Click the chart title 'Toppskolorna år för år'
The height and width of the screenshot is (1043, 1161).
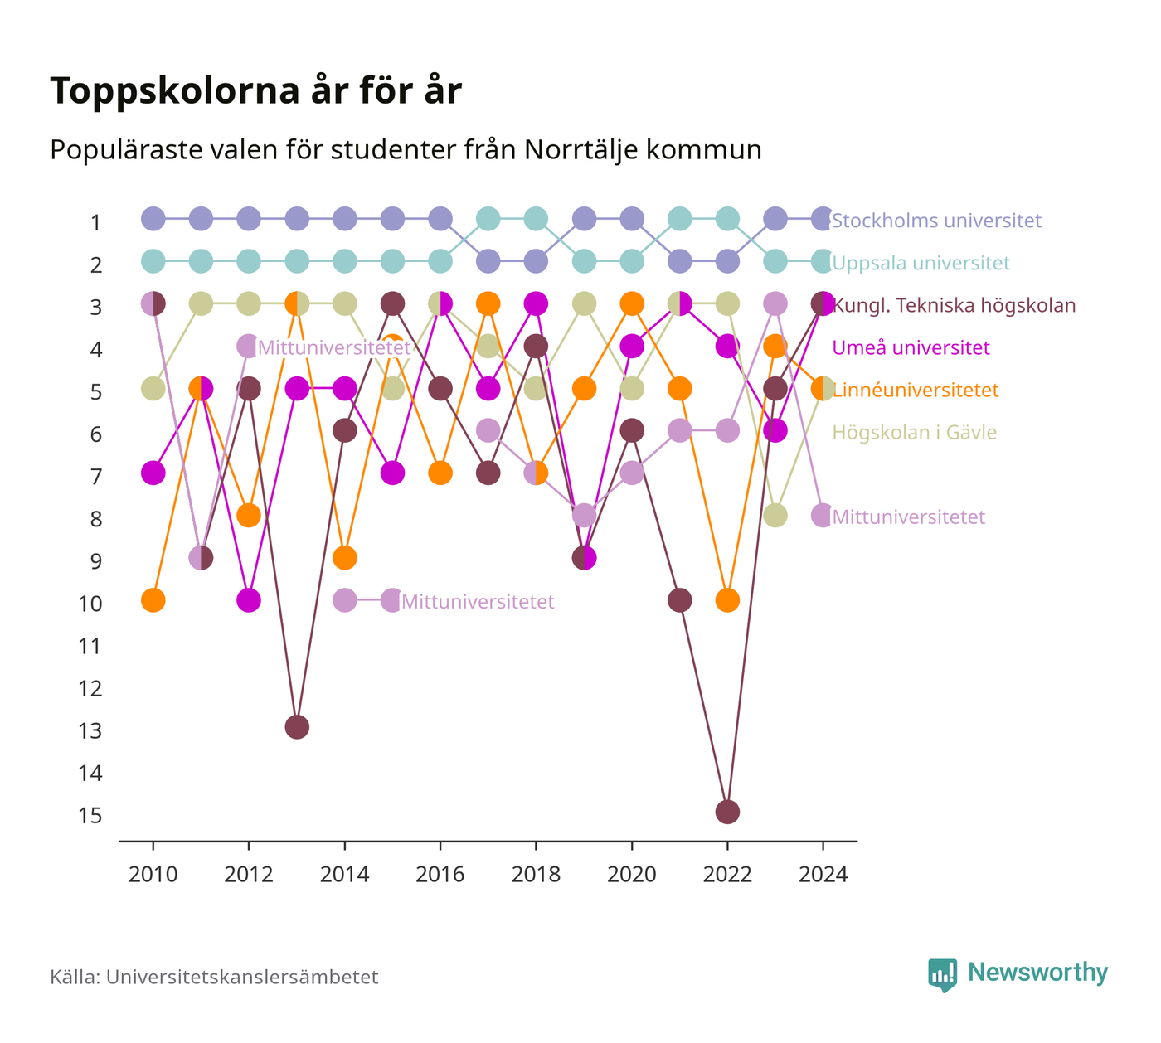[255, 90]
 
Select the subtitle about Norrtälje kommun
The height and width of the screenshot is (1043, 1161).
[406, 149]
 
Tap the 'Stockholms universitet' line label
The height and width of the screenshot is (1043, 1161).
[936, 221]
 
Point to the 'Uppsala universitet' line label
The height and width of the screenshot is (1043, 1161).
[921, 263]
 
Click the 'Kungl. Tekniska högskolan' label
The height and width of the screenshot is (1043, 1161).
[954, 305]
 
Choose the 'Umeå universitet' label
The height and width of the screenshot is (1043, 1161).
[911, 347]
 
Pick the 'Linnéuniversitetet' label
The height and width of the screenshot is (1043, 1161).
[916, 390]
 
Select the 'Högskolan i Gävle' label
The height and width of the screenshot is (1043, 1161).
[914, 432]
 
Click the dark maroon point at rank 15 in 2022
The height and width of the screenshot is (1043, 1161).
[727, 812]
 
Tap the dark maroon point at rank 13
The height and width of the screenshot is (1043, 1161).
[297, 727]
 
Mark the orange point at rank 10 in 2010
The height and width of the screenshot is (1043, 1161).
[153, 600]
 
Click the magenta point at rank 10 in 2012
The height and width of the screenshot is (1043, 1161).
[249, 600]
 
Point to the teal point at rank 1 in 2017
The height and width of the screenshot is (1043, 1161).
[488, 219]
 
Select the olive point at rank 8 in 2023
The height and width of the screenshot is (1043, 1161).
[775, 516]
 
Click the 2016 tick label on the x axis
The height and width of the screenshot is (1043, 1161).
[440, 875]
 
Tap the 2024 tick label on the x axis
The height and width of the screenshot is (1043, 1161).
[823, 875]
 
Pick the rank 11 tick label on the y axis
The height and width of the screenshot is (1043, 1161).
[90, 647]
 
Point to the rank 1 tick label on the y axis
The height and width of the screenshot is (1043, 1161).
[95, 222]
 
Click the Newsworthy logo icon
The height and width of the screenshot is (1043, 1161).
[942, 975]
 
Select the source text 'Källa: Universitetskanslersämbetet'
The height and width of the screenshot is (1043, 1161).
[214, 978]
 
